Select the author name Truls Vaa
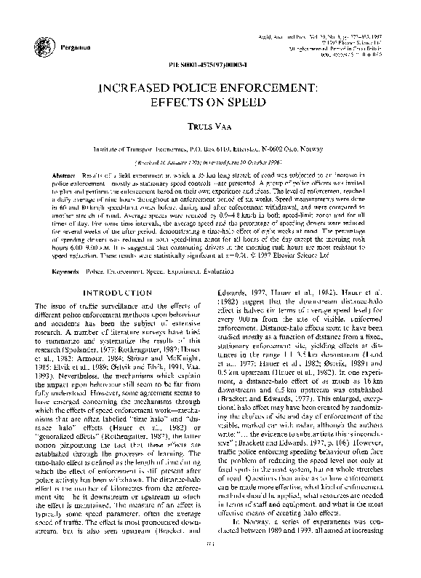(x=210, y=127)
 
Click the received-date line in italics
(x=210, y=163)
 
